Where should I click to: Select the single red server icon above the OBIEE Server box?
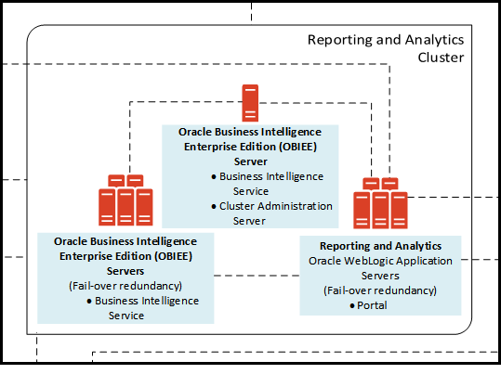pos(250,101)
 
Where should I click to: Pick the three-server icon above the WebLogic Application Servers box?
pos(380,203)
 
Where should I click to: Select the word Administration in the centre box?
pos(295,206)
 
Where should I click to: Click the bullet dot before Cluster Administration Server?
pos(214,206)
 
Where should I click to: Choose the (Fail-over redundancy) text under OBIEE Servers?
pos(125,286)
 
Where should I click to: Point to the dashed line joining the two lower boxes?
pos(257,275)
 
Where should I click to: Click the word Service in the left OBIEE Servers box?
pos(125,316)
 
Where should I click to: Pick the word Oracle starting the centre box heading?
pos(197,133)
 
